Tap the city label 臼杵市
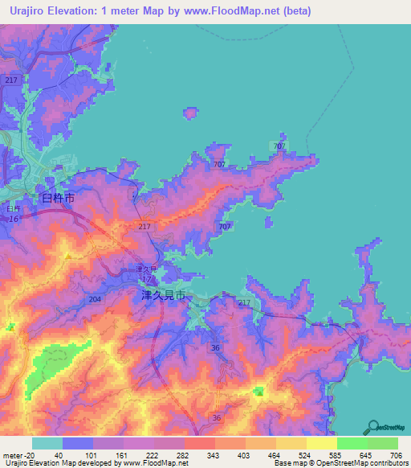coord(58,198)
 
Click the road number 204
coord(96,299)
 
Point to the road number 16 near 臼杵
coord(13,219)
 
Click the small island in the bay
coord(189,113)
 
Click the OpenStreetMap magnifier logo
coord(372,425)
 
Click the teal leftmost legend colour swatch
coord(47,443)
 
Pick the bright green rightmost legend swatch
coord(383,443)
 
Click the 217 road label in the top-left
coord(10,80)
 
